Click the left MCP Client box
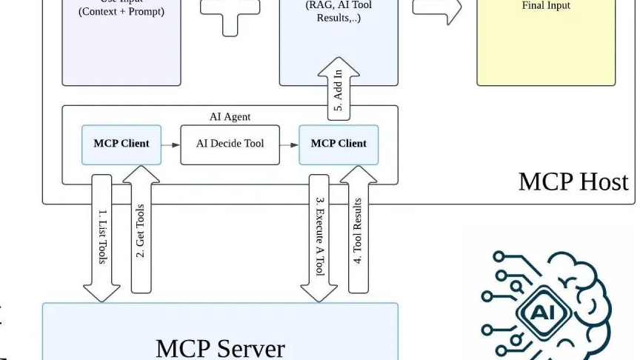point(121,144)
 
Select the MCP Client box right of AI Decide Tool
point(339,144)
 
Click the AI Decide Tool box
point(230,144)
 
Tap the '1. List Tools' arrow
point(102,237)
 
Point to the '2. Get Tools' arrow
point(141,230)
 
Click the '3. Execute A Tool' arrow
point(319,237)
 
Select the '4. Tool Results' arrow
point(358,230)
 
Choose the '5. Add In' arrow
point(339,89)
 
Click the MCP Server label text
point(220,347)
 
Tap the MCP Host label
point(573,181)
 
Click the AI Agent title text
point(230,117)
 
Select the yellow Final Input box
point(545,44)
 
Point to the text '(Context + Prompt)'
point(121,12)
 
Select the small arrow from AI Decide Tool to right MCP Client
point(289,144)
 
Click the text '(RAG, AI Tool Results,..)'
point(339,11)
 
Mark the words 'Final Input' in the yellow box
point(546,6)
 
